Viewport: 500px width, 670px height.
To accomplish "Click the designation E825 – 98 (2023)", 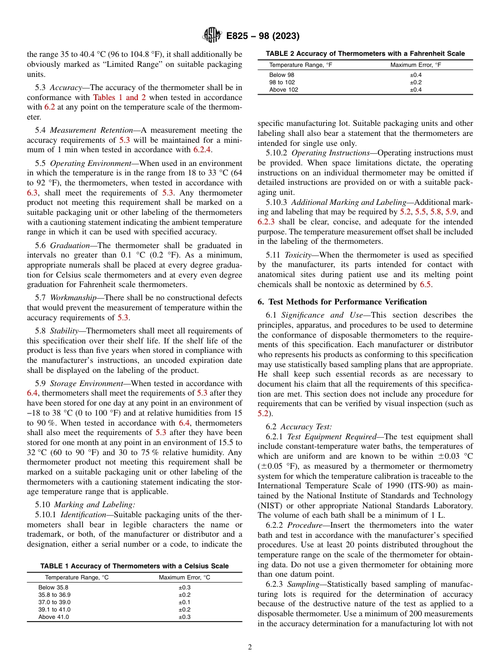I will (263, 36).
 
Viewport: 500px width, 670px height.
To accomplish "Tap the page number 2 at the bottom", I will (250, 647).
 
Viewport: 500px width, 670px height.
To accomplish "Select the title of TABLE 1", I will (135, 566).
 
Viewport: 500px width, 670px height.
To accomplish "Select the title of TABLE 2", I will (365, 54).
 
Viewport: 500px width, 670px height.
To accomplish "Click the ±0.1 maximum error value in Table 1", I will (184, 602).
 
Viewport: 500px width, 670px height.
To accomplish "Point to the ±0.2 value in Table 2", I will (416, 82).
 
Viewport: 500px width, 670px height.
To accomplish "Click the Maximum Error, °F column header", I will (415, 65).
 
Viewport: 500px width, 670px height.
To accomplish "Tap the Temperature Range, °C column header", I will (76, 577).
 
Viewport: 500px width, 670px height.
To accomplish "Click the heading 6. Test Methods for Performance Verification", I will (342, 302).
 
